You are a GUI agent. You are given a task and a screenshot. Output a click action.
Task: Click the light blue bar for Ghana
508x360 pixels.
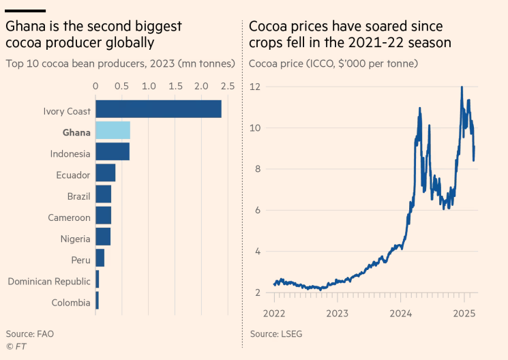[113, 130]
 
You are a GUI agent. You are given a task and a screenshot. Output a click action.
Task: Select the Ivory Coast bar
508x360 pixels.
[158, 109]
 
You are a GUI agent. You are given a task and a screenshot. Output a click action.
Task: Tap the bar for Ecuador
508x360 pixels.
[105, 173]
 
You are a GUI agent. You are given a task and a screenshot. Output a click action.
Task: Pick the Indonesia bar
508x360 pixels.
[113, 151]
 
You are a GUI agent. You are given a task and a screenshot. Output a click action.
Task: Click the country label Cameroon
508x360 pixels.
[69, 217]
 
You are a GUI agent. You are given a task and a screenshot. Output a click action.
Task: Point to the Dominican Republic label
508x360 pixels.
[49, 281]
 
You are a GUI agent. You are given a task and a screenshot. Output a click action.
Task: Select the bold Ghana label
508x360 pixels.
[76, 132]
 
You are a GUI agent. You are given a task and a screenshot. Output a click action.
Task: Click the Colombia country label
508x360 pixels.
[71, 303]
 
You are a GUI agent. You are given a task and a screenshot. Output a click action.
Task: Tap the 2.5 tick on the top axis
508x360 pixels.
[228, 86]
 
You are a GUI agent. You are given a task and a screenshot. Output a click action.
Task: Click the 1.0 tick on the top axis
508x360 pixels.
[148, 86]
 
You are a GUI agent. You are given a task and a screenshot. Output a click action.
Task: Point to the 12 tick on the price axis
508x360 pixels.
[256, 87]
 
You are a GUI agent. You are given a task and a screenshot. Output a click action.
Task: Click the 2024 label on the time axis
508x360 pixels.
[401, 314]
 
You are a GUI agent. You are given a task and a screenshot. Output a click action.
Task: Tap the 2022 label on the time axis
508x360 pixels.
[274, 314]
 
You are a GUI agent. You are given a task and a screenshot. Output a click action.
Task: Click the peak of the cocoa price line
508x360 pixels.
[462, 87]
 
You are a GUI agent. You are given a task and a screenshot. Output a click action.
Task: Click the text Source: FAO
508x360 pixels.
[30, 334]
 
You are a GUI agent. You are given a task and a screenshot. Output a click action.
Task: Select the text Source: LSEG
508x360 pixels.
[275, 334]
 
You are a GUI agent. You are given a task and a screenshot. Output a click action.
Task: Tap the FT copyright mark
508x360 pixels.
[16, 346]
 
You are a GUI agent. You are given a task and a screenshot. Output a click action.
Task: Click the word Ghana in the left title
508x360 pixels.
[27, 27]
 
